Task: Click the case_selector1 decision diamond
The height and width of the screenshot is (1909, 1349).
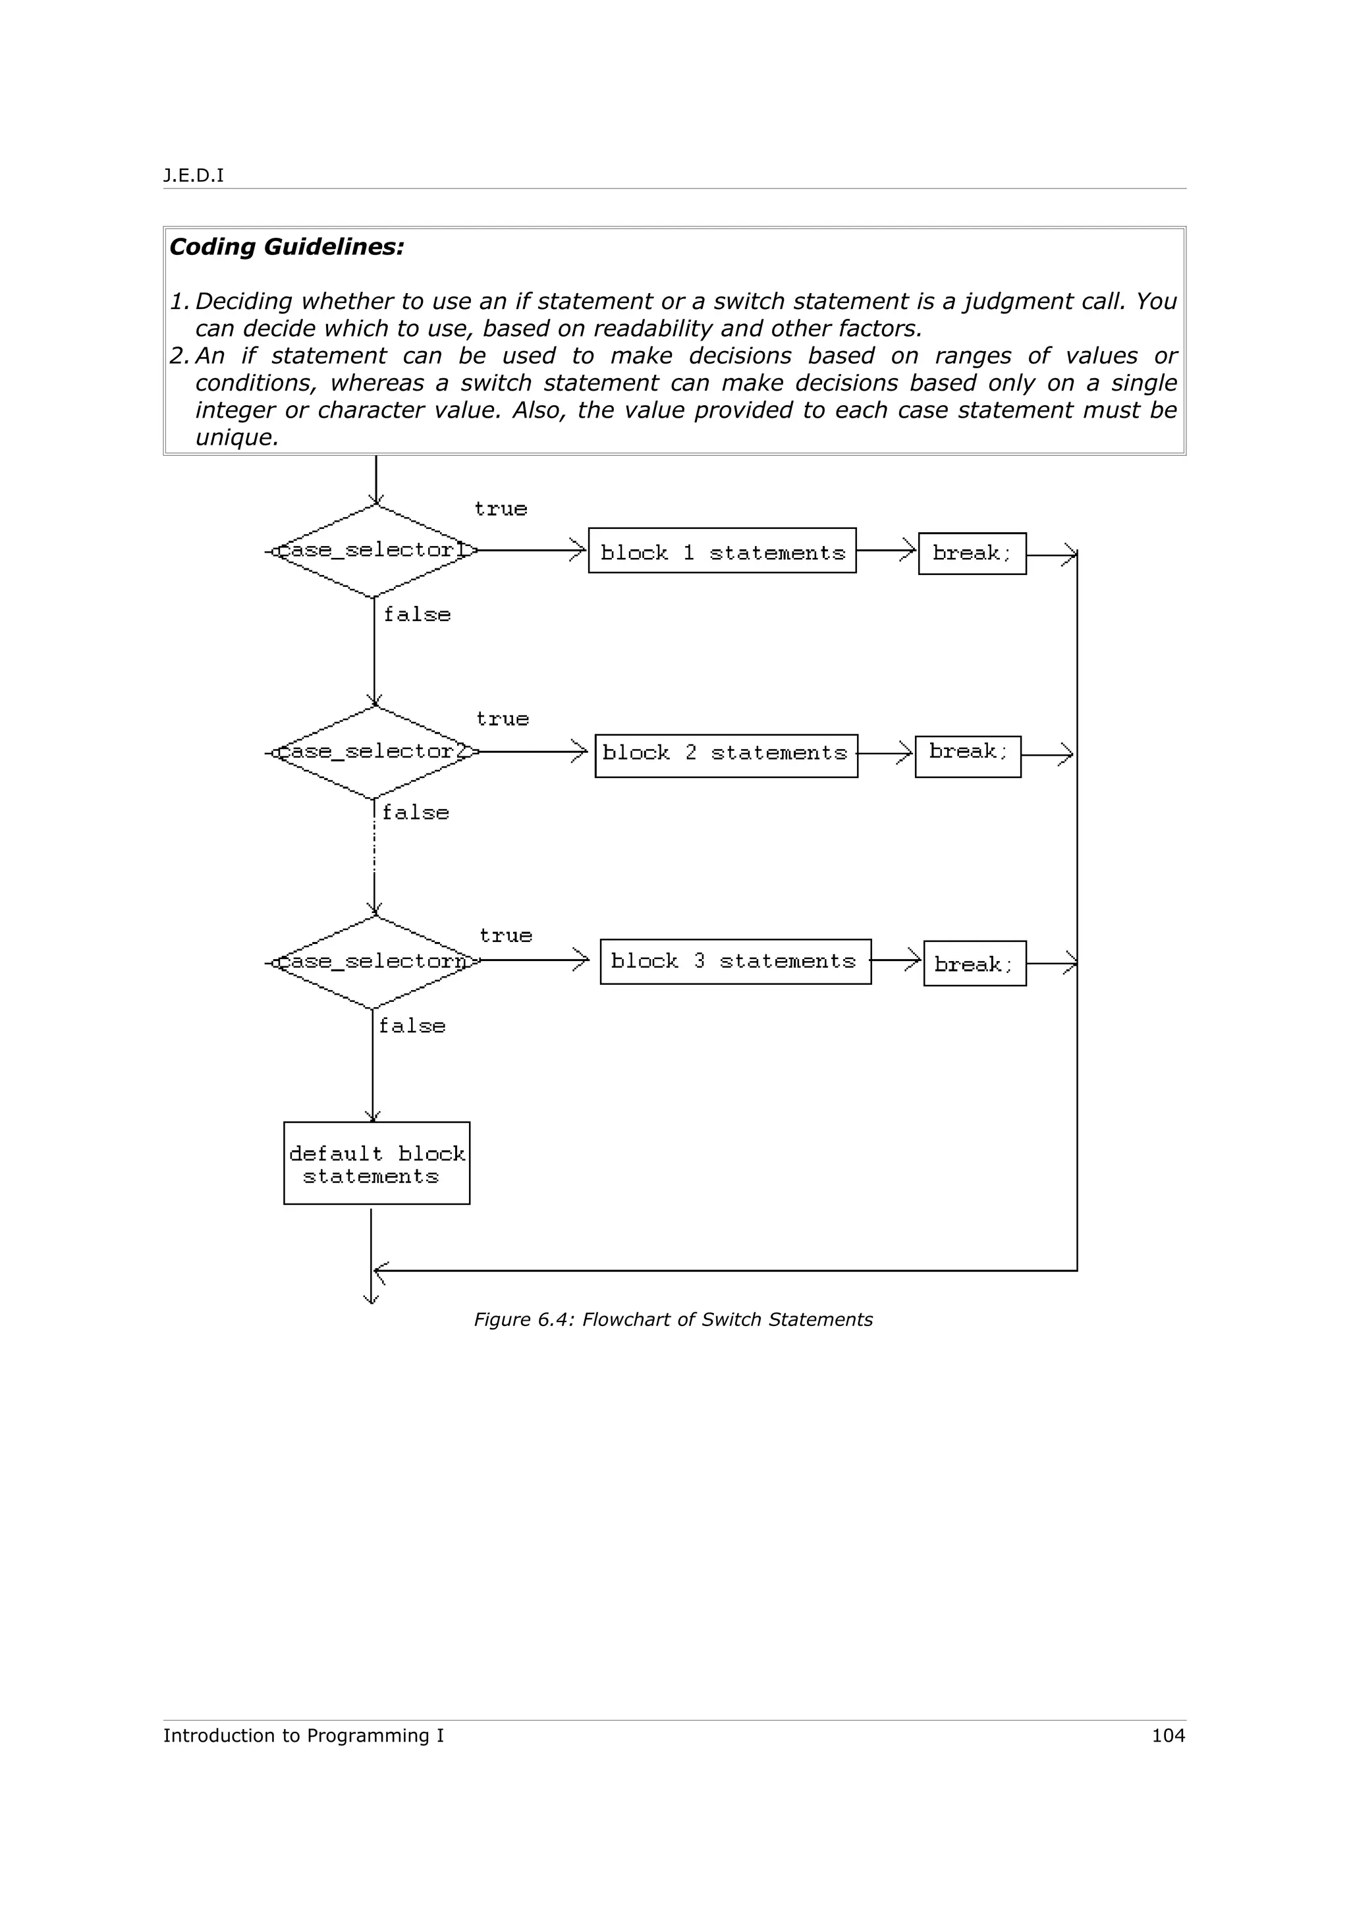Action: coord(375,551)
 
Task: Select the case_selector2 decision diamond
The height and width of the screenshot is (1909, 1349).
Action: coord(375,752)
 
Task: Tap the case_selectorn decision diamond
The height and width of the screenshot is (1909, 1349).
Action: coord(375,962)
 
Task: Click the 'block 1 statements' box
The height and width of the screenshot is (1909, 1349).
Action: coord(721,551)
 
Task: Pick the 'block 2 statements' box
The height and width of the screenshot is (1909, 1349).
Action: coord(726,755)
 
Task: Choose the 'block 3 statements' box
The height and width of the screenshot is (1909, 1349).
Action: coord(734,962)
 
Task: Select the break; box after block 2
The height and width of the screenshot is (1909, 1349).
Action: coord(968,756)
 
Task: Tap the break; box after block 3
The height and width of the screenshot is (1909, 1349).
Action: coord(974,964)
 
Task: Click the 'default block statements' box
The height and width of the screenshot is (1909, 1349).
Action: coord(377,1163)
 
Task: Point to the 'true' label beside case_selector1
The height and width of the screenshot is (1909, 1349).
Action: coord(501,509)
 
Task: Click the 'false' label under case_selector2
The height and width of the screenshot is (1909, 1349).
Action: coord(416,812)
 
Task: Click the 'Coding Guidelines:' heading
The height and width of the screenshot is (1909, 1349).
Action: coord(287,247)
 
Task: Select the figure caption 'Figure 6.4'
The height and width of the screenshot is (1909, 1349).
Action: coord(673,1319)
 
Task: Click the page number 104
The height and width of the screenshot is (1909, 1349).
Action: coord(1168,1735)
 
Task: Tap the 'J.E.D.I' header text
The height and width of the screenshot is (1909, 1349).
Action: coord(194,175)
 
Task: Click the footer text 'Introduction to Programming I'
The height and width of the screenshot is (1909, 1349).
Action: coord(304,1735)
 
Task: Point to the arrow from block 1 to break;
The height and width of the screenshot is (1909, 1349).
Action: coord(887,551)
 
